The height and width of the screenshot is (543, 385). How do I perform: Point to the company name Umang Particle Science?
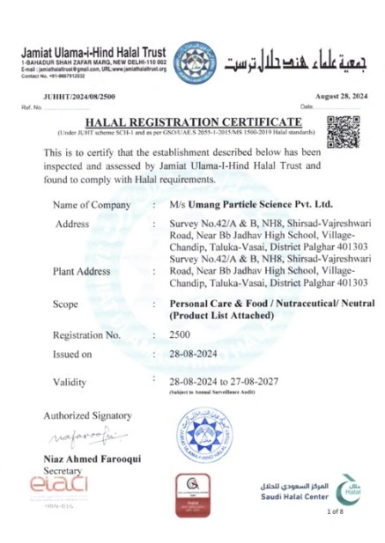239,205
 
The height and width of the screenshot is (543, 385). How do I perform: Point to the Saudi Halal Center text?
295,492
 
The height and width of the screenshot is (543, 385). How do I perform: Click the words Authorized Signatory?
87,415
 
